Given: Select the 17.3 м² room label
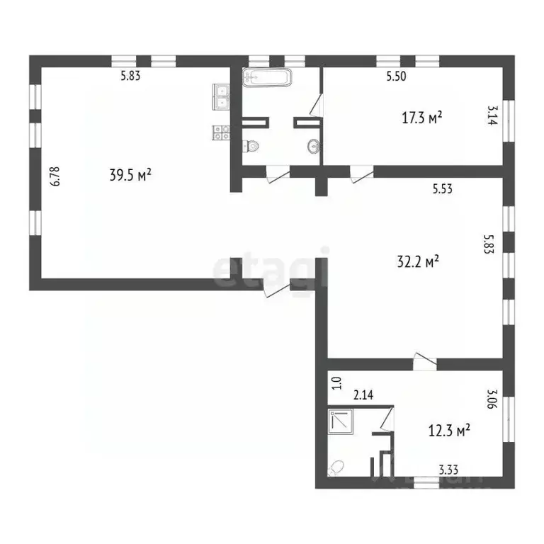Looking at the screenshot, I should (x=422, y=118).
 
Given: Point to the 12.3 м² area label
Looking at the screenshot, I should (x=450, y=430).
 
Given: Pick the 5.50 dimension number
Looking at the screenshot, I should (x=396, y=76).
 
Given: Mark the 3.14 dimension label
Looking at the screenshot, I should (x=490, y=116).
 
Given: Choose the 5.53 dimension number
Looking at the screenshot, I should (x=443, y=188).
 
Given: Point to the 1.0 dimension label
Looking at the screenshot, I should (x=337, y=383).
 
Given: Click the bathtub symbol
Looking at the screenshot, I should (x=266, y=77).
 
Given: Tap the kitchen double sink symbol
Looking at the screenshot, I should (x=222, y=96).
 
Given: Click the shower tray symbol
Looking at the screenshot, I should (x=341, y=421).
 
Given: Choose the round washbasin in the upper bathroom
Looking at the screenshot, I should (x=313, y=147).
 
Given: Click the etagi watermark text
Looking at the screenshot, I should (x=271, y=268).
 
